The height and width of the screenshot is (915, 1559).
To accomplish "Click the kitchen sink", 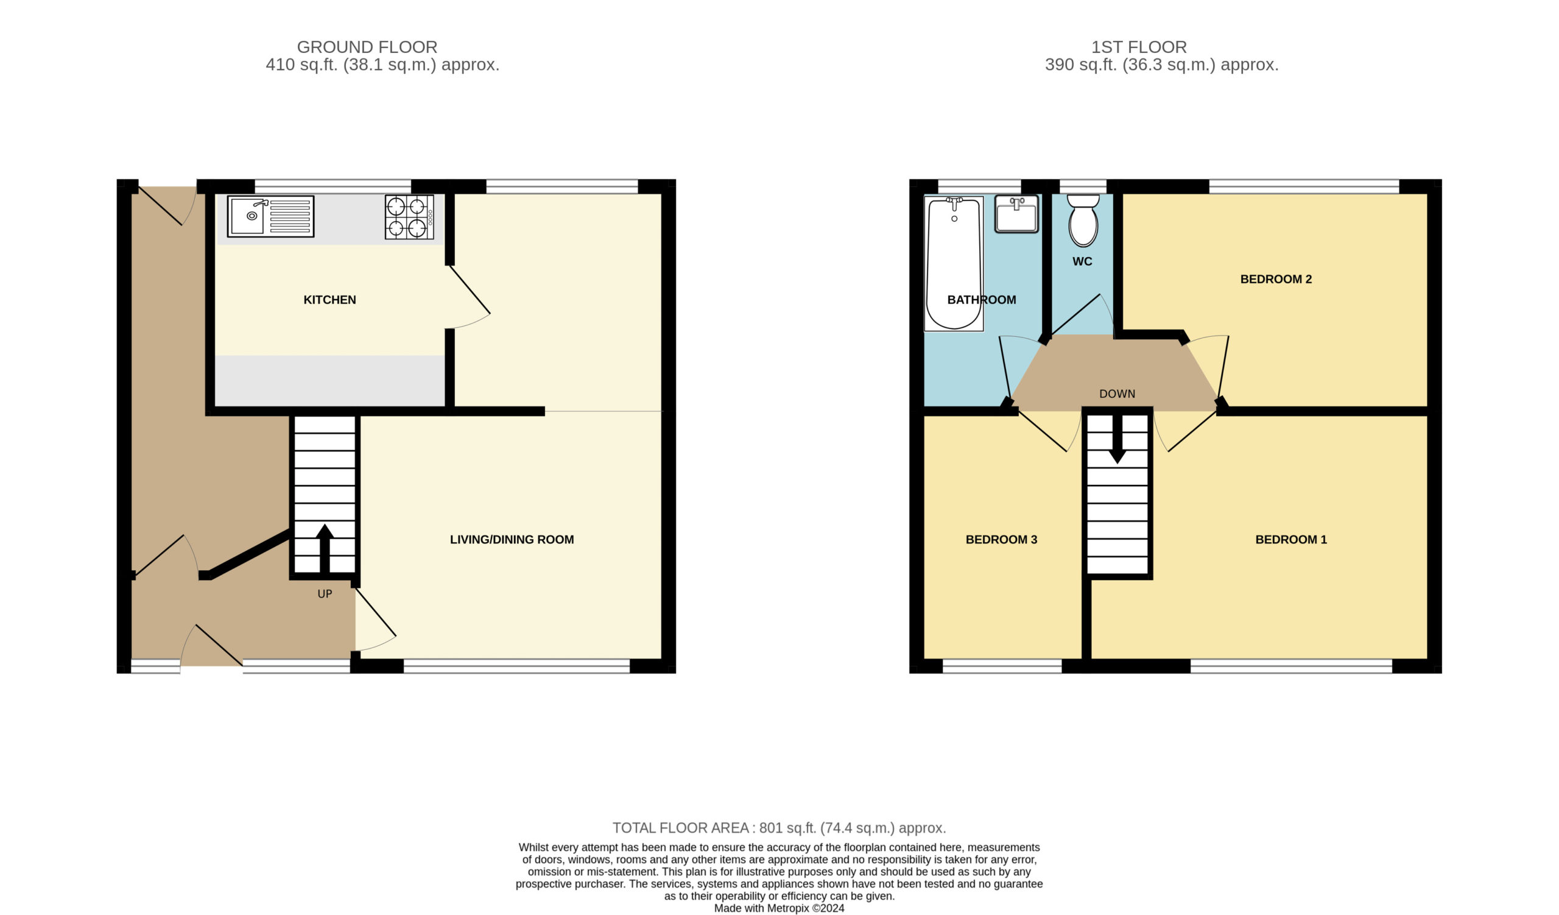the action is [x=270, y=216].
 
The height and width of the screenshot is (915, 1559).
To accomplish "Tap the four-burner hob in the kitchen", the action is [x=409, y=216].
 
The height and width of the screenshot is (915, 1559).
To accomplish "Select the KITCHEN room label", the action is [x=329, y=300].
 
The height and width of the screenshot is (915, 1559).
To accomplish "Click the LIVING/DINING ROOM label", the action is [x=512, y=540].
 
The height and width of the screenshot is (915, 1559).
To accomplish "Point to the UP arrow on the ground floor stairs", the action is [x=325, y=548].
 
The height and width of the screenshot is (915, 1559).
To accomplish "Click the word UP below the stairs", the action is [x=325, y=594].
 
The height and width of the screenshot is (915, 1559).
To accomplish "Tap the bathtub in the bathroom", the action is [x=953, y=264].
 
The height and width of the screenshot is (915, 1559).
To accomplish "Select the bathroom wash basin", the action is [x=1016, y=214].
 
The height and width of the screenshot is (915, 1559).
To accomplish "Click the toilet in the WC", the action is [x=1083, y=221].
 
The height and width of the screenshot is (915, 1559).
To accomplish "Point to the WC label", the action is [x=1083, y=262].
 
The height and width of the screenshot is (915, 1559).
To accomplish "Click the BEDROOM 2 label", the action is [x=1276, y=279].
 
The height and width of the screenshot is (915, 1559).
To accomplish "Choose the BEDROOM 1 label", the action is [x=1290, y=540].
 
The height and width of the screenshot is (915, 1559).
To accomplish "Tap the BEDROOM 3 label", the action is [x=1001, y=540].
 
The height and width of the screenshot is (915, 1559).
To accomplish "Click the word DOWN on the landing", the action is [x=1117, y=394].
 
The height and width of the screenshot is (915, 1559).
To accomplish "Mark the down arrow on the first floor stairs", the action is [x=1117, y=439].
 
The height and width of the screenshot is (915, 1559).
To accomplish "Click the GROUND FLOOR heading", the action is [x=367, y=47].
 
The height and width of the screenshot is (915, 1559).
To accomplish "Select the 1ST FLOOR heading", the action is [x=1139, y=47].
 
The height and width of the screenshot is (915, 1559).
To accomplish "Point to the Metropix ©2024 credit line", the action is [x=779, y=908].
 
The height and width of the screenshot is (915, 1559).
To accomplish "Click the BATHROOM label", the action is [x=981, y=300].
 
